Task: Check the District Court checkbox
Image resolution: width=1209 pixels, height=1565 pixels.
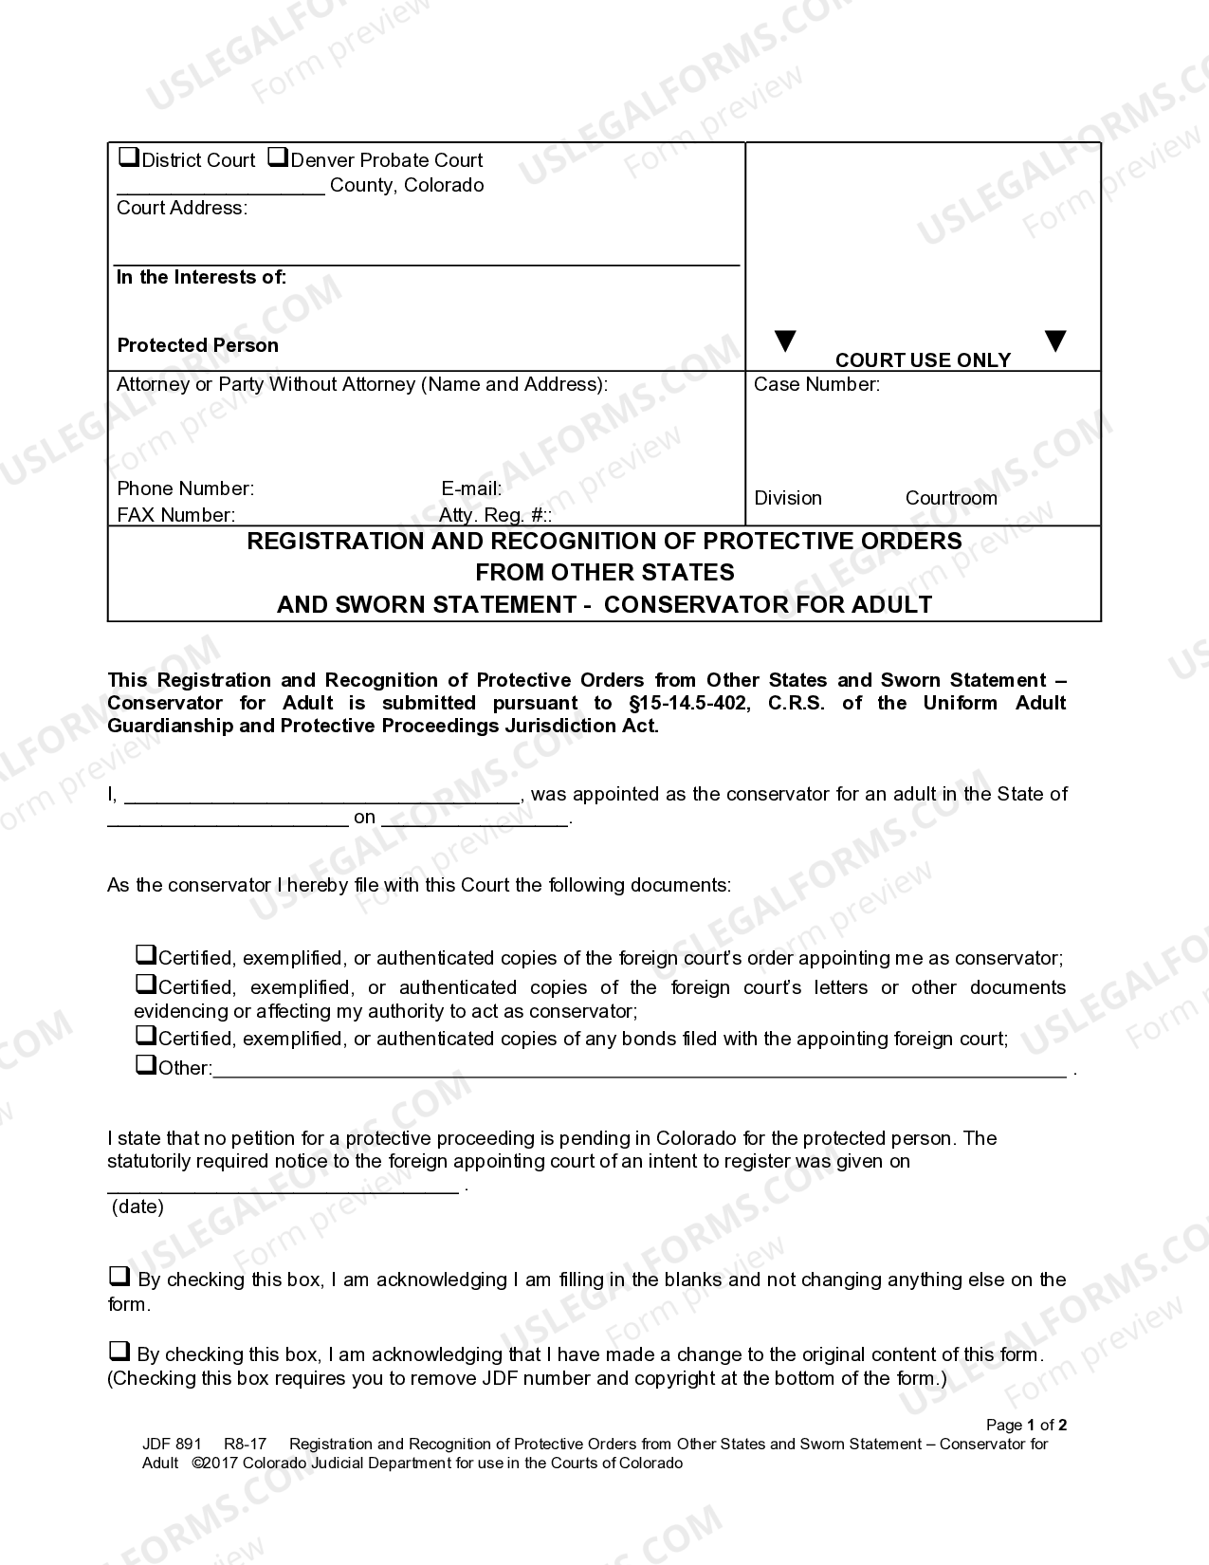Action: click(x=128, y=157)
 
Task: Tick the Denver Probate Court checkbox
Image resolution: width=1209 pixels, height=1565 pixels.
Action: click(x=278, y=157)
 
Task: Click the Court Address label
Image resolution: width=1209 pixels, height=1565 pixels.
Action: click(x=181, y=208)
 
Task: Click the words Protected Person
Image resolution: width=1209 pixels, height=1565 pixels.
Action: click(x=197, y=345)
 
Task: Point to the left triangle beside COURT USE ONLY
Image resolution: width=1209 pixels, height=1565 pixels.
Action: click(x=785, y=341)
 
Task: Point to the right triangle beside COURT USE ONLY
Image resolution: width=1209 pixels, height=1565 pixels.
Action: click(x=1054, y=341)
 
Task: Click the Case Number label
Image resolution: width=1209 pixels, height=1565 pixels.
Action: click(x=816, y=384)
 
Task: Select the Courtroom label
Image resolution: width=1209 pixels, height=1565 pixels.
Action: click(x=951, y=498)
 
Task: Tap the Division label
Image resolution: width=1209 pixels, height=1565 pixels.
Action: click(x=788, y=498)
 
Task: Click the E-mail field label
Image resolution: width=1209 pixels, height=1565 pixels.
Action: click(x=471, y=488)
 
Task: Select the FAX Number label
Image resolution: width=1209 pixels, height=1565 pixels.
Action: click(x=175, y=515)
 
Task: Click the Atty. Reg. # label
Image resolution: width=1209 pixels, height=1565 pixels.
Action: click(x=494, y=515)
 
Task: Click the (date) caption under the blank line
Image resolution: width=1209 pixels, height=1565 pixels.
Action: click(x=137, y=1206)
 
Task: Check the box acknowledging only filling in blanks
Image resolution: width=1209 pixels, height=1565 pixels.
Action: click(x=119, y=1276)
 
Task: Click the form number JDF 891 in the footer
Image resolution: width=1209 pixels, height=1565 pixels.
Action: click(x=172, y=1444)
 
